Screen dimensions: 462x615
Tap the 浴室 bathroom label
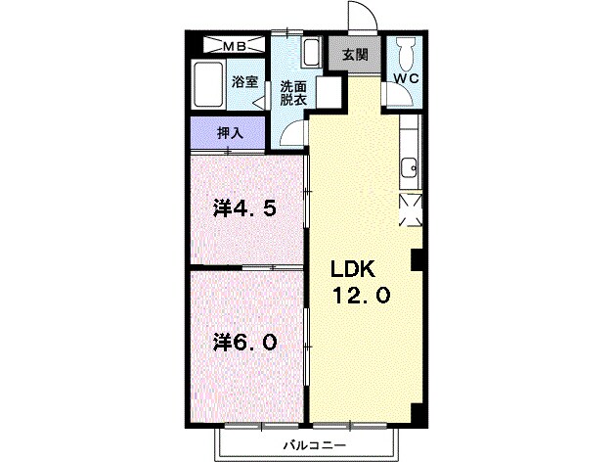point(244,83)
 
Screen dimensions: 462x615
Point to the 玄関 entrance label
point(355,55)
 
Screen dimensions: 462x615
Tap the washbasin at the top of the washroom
point(312,52)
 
